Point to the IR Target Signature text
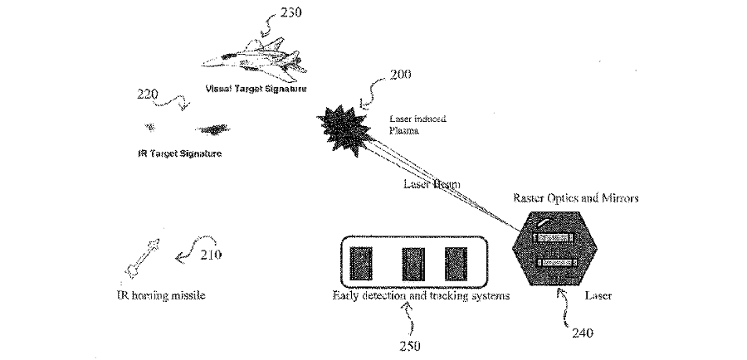pos(178,154)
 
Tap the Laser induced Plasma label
pos(417,124)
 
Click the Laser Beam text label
pos(432,183)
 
